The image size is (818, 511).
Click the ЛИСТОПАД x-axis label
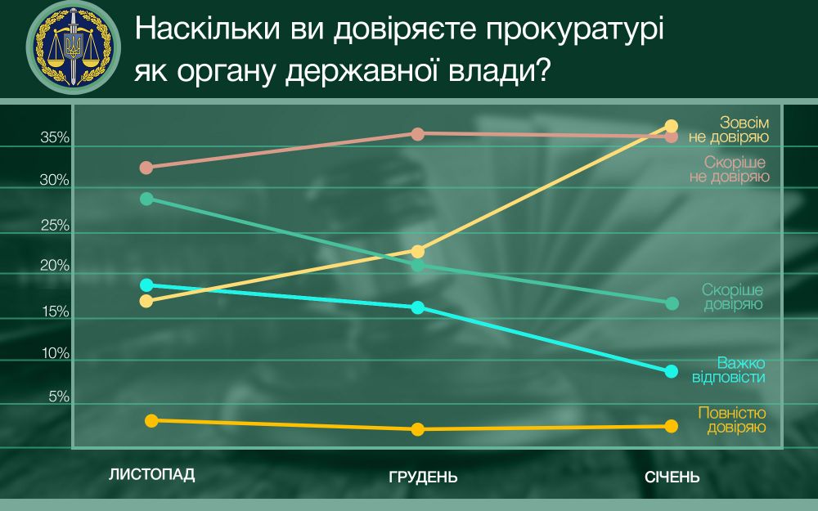(x=152, y=474)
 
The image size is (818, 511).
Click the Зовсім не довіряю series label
(x=734, y=128)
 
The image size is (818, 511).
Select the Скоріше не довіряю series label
(x=724, y=168)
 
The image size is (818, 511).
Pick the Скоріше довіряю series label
(x=732, y=298)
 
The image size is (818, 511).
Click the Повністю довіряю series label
(x=732, y=420)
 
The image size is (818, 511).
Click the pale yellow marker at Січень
(x=672, y=126)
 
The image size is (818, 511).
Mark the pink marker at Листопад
(x=146, y=168)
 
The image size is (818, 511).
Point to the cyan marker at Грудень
(x=417, y=307)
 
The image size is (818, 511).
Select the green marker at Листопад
(x=146, y=199)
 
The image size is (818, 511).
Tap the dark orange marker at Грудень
(x=417, y=429)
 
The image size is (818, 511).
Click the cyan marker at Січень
(x=672, y=371)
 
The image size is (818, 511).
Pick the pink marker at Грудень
(x=417, y=134)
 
